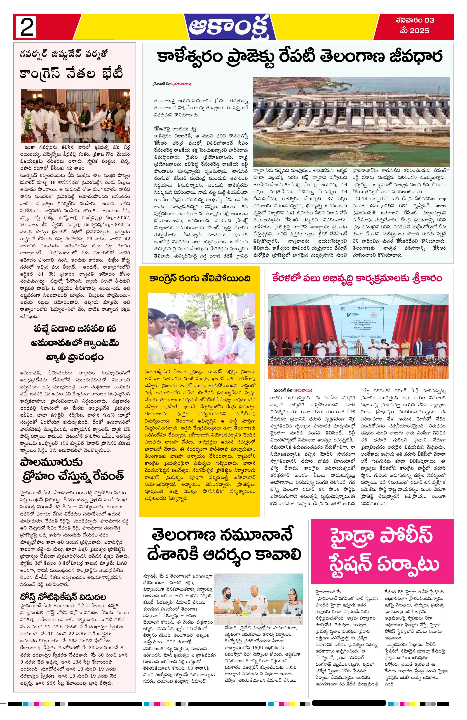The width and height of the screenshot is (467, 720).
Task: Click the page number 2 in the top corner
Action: (x=26, y=27)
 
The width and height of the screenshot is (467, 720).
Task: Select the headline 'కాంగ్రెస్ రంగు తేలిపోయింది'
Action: (x=199, y=278)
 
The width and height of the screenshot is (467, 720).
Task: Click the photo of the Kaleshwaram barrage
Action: (x=351, y=121)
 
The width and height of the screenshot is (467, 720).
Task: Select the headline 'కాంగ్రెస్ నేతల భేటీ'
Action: (x=71, y=74)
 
